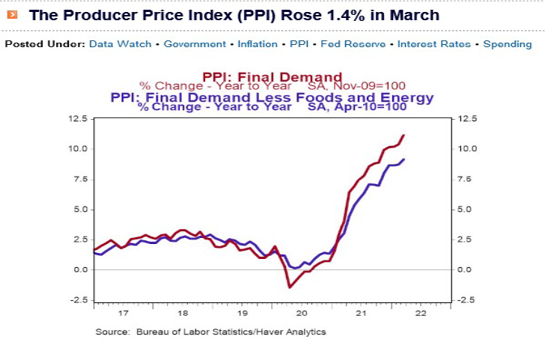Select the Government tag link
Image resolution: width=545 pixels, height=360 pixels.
pos(195,44)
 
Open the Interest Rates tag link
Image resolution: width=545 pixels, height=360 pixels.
pos(433,44)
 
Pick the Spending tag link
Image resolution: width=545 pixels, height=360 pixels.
pos(508,44)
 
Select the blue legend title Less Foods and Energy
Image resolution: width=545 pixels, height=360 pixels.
pos(272,97)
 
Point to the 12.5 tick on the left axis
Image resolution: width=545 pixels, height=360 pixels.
pos(78,118)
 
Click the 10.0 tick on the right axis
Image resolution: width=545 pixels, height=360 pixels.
pos(466,149)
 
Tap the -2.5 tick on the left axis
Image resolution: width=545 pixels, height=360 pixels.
pos(78,300)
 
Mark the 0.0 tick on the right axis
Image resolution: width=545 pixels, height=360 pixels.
pos(464,269)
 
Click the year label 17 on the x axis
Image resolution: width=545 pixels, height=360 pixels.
pos(124,314)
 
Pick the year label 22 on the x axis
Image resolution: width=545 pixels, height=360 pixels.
pos(421,314)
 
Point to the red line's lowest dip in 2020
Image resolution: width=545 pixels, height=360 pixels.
pos(290,287)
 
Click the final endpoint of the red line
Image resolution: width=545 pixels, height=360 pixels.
pos(404,135)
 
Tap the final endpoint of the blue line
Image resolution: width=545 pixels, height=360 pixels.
pos(404,159)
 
